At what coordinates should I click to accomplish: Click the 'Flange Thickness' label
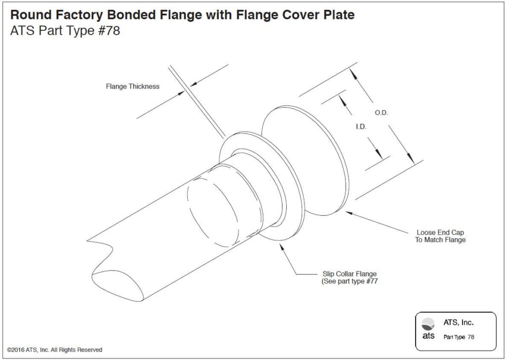click(x=132, y=87)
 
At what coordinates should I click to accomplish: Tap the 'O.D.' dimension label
click(x=381, y=113)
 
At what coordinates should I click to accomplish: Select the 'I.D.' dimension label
click(x=361, y=127)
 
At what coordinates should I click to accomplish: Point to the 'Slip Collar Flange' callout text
click(x=345, y=274)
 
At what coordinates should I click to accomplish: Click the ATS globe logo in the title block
click(x=429, y=324)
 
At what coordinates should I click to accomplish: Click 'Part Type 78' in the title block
click(x=459, y=337)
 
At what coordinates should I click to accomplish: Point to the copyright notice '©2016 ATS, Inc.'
click(x=55, y=350)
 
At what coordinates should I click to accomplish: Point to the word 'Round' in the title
click(x=30, y=15)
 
